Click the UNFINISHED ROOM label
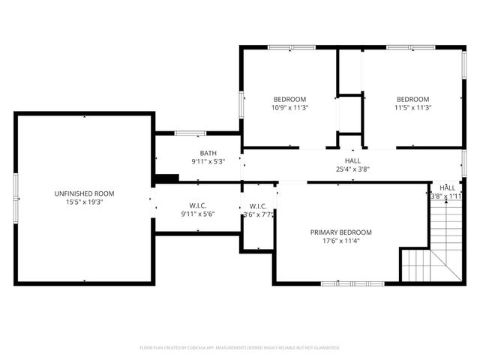(x=84, y=193)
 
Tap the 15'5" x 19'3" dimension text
(x=84, y=202)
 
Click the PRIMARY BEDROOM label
(x=340, y=232)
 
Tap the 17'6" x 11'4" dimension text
(x=340, y=241)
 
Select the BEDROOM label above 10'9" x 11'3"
(x=289, y=100)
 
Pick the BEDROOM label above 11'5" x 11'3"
(x=412, y=100)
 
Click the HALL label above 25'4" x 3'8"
(x=352, y=160)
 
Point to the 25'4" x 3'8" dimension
(x=352, y=169)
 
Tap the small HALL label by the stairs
(x=447, y=187)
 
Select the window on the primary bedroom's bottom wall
(x=352, y=283)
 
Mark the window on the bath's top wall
(x=190, y=133)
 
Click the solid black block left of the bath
(x=166, y=178)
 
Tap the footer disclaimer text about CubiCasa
(x=240, y=348)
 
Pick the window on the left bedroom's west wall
(x=241, y=105)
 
